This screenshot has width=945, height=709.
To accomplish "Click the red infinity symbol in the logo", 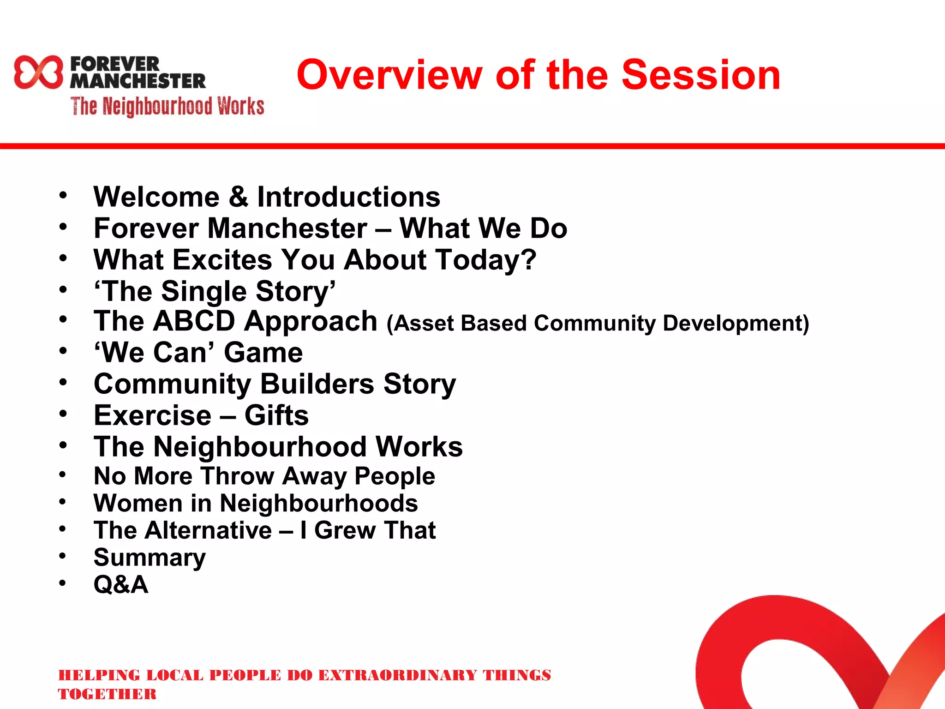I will [x=38, y=72].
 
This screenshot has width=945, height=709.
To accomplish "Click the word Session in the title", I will [x=701, y=75].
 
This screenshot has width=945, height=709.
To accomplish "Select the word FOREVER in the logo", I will [x=115, y=64].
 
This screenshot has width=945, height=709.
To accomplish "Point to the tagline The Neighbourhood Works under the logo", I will [x=167, y=106].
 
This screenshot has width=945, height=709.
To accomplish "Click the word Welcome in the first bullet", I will [x=156, y=197].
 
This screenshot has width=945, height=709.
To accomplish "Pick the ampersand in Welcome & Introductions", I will [x=238, y=197].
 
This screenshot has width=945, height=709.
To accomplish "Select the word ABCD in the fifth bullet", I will [x=194, y=321].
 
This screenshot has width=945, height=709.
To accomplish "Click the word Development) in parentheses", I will [x=736, y=324].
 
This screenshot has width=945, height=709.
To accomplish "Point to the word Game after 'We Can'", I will [x=263, y=353].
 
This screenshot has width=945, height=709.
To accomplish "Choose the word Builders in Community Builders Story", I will [x=317, y=384].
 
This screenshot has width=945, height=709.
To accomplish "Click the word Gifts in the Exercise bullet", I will [x=276, y=415].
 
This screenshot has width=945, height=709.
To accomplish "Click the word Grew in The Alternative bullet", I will [x=345, y=530].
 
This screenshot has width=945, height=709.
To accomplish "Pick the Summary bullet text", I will [x=150, y=558].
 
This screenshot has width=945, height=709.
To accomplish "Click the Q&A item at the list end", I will [x=121, y=585].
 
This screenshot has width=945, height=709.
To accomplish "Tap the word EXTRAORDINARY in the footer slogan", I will [x=397, y=675].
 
